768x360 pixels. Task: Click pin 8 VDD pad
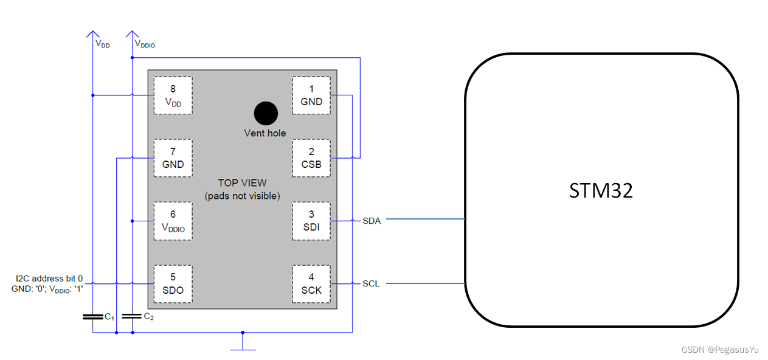pos(173,95)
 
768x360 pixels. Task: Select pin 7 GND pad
pos(173,158)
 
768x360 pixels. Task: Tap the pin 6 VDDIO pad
pos(173,221)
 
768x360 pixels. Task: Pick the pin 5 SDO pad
pos(173,284)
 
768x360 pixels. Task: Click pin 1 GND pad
pos(311,95)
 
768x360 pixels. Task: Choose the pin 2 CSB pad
pos(311,158)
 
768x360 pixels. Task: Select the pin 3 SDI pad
pos(311,221)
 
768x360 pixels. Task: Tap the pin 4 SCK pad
pos(311,284)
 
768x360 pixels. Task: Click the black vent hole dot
pos(266,113)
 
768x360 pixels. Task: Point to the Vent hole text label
pos(265,133)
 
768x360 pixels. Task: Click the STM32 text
pos(601,190)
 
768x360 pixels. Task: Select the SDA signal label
pos(372,221)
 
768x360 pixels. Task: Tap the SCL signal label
pos(371,284)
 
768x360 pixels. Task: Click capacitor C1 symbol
pos(92,317)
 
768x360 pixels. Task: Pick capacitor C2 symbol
pos(132,316)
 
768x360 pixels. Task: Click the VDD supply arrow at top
pos(92,35)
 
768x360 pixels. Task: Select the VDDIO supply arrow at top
pos(132,35)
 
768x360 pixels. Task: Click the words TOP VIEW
pos(242,183)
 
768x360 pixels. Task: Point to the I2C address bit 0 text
pos(49,279)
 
